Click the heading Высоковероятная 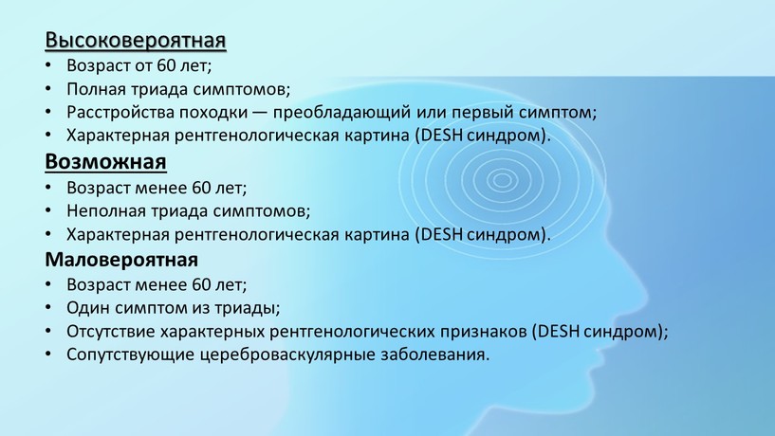(x=136, y=40)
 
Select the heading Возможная (x=106, y=162)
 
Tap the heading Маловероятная (x=121, y=260)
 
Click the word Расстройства (x=120, y=113)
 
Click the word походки (x=213, y=113)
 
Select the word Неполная (x=106, y=210)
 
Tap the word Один (x=88, y=308)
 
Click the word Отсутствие (x=111, y=332)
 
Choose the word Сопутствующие (x=131, y=355)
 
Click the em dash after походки (x=260, y=113)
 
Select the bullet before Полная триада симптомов (x=48, y=89)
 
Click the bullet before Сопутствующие (x=48, y=354)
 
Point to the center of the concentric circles (x=502, y=179)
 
